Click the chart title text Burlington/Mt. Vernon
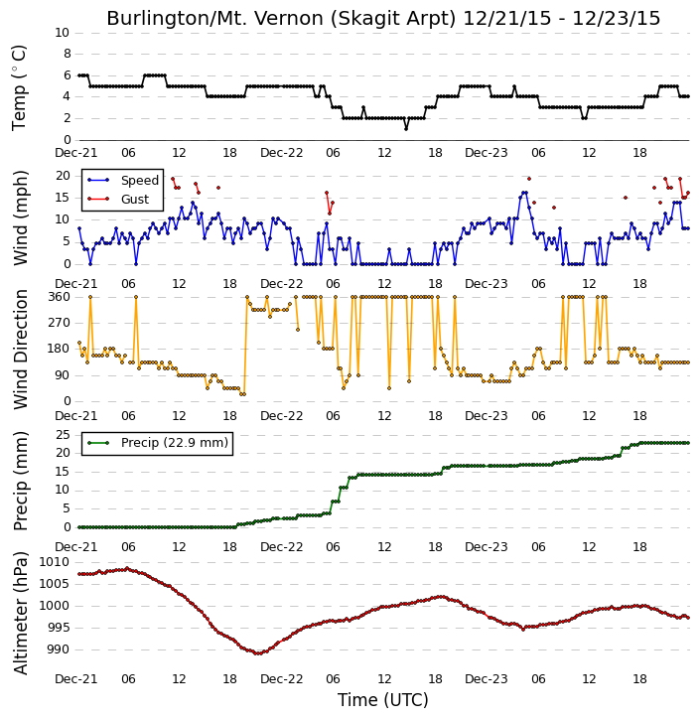point(281,18)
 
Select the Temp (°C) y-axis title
point(19,87)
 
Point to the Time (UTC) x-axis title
point(383,700)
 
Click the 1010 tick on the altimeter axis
point(55,562)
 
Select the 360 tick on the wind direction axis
point(60,297)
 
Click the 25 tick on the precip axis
point(63,434)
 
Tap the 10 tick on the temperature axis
point(62,33)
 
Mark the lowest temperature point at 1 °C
point(406,129)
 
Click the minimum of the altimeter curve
point(258,652)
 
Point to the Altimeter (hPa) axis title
point(20,614)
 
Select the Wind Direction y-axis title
point(20,349)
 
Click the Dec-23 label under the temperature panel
point(487,153)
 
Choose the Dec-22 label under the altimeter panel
point(281,678)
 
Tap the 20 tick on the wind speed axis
point(63,176)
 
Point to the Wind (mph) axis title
point(20,217)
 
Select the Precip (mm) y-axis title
point(20,482)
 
